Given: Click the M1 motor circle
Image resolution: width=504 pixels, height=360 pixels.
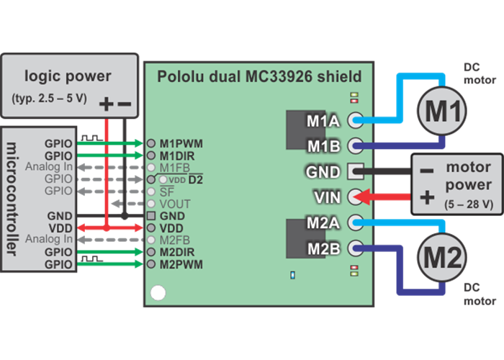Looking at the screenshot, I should (x=441, y=111).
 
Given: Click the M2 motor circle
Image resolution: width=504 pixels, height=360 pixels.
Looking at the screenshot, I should (x=441, y=256).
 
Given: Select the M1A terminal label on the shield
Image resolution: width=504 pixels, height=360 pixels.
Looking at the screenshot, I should (x=323, y=121).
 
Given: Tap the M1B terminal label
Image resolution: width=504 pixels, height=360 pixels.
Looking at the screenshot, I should (x=323, y=146).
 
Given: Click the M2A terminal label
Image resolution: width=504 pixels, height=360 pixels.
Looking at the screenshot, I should (x=323, y=222).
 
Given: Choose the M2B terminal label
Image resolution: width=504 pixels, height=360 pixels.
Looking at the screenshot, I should (x=323, y=248).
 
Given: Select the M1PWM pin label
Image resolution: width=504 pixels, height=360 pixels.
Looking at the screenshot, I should (x=181, y=143).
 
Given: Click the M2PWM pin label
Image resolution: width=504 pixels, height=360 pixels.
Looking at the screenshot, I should (x=181, y=264).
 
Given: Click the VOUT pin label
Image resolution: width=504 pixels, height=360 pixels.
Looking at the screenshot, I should (x=175, y=204).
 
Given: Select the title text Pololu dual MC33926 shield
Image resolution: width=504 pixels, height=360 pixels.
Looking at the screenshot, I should (x=259, y=76).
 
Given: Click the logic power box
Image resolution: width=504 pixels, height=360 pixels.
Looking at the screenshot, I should (x=70, y=85).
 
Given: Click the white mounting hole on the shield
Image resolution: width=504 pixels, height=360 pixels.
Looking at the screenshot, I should (x=157, y=293).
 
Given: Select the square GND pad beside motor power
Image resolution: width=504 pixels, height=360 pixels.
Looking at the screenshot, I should (x=354, y=171).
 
